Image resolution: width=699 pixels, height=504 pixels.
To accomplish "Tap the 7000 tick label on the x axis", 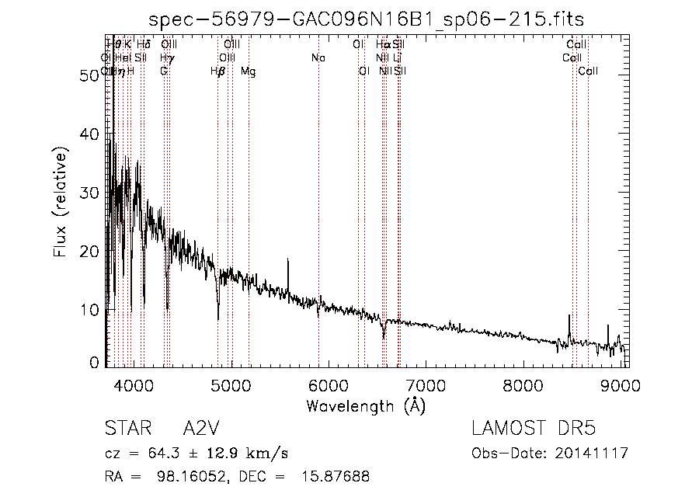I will [x=426, y=386].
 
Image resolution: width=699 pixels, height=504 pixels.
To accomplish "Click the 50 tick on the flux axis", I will [x=106, y=75].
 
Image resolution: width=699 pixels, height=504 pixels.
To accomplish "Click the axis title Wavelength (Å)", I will [x=365, y=405].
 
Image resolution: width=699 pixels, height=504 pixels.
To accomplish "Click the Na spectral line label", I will [x=318, y=58].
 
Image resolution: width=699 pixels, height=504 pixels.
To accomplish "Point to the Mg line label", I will [x=249, y=71].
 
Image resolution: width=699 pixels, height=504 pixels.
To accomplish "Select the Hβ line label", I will [x=217, y=71].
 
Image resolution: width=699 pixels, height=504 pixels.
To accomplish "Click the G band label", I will [x=164, y=71].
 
